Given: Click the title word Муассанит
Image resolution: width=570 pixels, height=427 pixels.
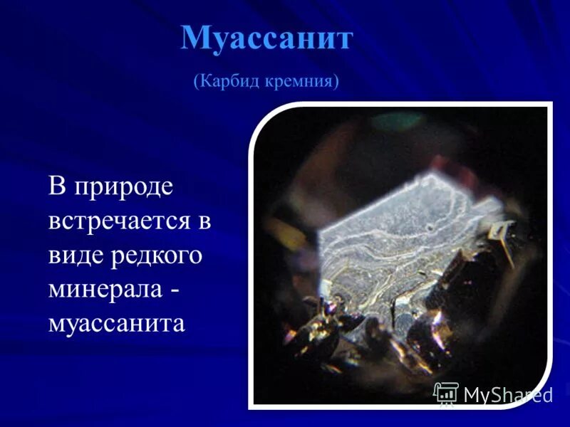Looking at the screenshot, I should [266, 38].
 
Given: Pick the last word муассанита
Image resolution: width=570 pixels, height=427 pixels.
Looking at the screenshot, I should [117, 322].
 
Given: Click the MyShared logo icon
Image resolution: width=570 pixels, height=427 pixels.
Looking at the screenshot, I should [446, 393].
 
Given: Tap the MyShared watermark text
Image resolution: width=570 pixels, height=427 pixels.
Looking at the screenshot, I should [507, 394].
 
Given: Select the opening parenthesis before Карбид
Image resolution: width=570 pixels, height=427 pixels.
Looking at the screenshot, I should [196, 82].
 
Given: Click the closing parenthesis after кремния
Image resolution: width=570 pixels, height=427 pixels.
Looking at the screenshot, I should [336, 82].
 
